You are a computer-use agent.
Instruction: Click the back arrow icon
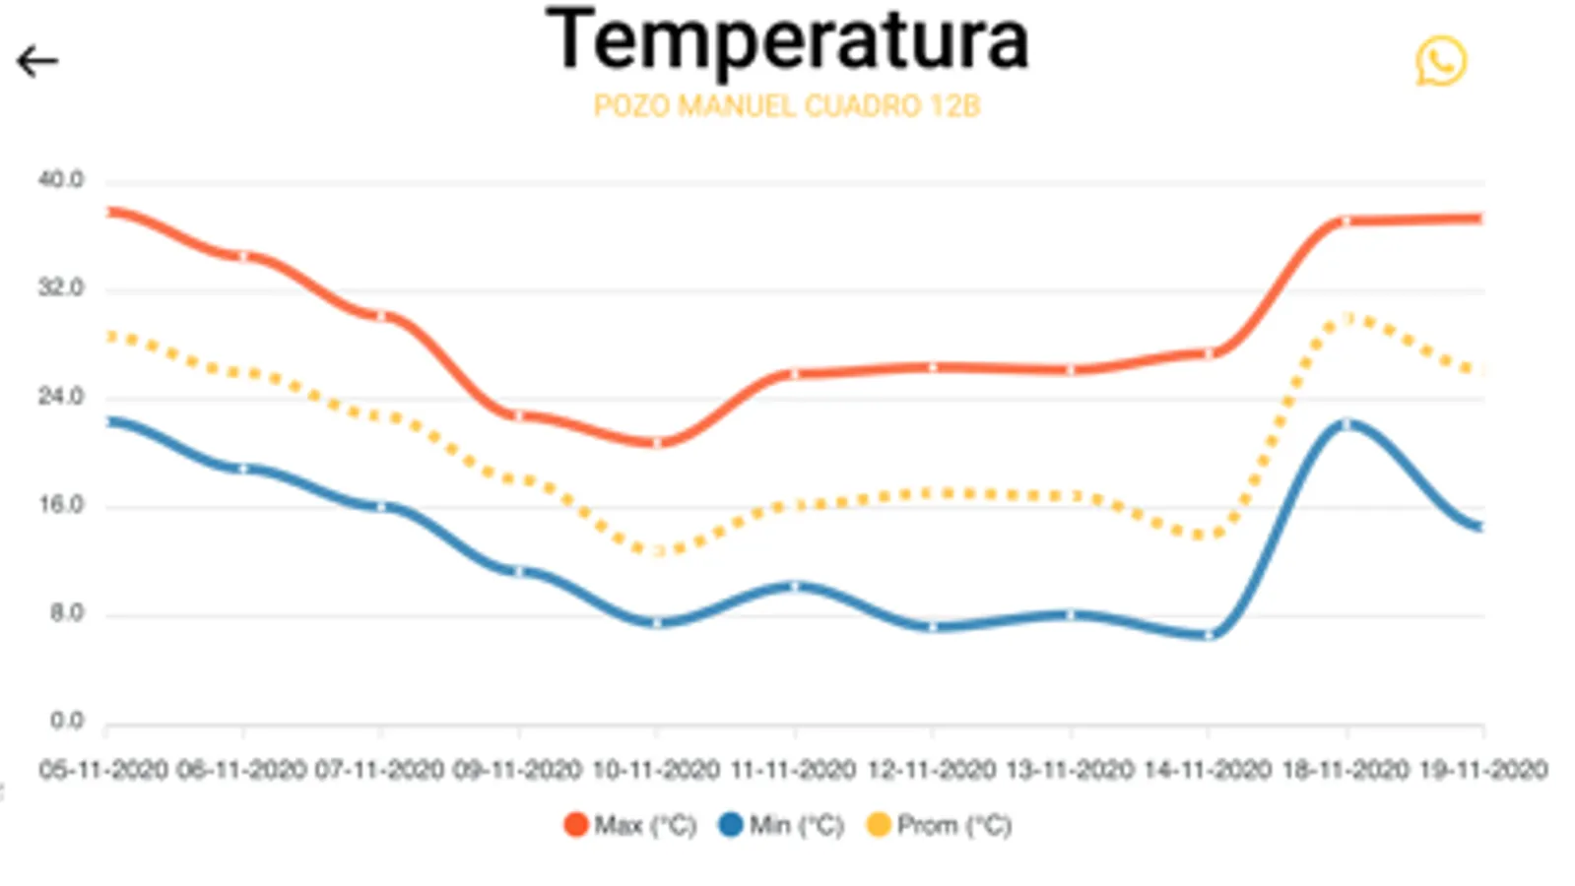coord(37,62)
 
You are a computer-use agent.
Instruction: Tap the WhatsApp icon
coord(1440,61)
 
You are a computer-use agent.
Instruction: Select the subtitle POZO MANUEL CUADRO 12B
coord(787,106)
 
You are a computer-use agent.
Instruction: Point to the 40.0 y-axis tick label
coord(61,180)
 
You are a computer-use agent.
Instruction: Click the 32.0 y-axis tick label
coord(61,288)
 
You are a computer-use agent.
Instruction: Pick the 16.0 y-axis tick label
coord(61,505)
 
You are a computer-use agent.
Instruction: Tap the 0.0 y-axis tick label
coord(66,722)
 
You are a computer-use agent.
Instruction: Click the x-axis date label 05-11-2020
coord(103,770)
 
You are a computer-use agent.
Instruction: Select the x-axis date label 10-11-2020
coord(656,770)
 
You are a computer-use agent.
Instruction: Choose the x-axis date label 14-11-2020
coord(1208,770)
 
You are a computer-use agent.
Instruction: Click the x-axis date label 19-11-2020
coord(1483,770)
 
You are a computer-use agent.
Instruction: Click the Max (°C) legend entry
coord(630,825)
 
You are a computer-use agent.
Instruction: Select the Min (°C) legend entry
coord(782,825)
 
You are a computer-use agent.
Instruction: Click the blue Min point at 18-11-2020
coord(1346,424)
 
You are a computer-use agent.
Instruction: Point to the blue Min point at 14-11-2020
coord(1209,635)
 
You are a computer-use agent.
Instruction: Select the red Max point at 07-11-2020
coord(381,316)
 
